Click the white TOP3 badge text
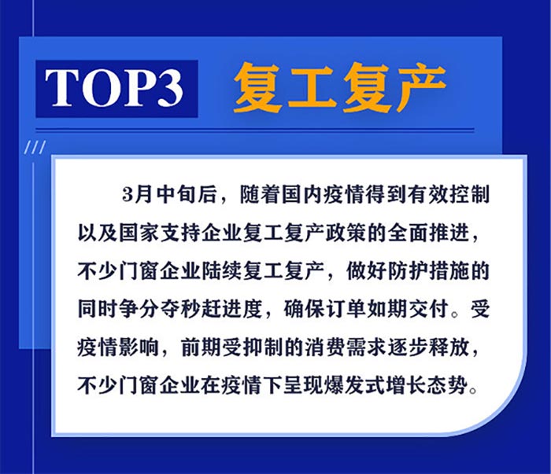point(114,88)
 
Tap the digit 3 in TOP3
point(167,88)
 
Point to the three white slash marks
point(35,147)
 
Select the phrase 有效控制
point(449,194)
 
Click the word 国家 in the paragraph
point(139,233)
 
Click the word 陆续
point(221,271)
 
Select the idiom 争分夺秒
point(160,310)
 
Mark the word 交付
point(428,310)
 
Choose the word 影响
point(139,348)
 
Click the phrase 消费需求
point(345,348)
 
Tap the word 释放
point(449,348)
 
